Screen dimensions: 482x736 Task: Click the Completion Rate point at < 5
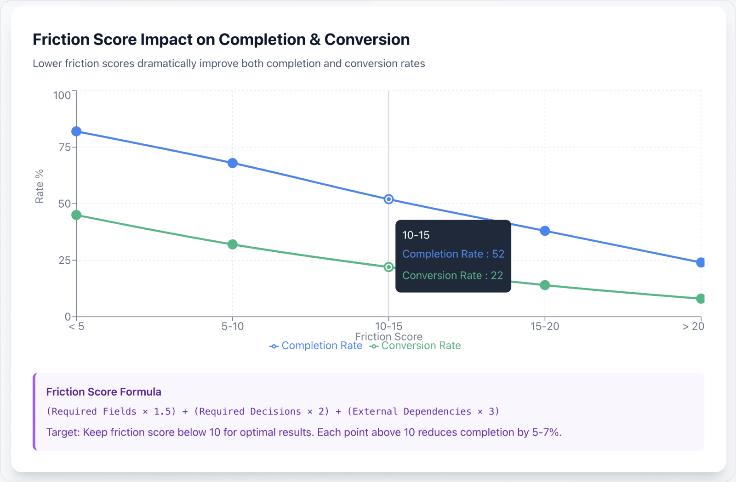(x=76, y=131)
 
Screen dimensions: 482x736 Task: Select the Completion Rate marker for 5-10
(x=233, y=163)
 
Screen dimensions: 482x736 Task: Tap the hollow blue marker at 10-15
(x=389, y=199)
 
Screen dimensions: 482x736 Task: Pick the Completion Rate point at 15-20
(x=545, y=231)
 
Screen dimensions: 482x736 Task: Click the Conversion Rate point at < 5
(x=76, y=215)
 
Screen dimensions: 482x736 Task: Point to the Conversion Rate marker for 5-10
(x=233, y=244)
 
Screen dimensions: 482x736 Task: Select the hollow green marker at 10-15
(x=389, y=267)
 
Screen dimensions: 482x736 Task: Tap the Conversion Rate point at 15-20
(x=545, y=285)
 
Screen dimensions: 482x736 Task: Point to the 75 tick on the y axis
(x=64, y=147)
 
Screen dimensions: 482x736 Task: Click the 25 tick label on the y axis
(x=64, y=261)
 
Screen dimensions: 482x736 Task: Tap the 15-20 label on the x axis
(x=545, y=327)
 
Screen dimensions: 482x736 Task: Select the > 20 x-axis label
(x=693, y=327)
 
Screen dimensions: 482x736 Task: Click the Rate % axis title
(x=40, y=186)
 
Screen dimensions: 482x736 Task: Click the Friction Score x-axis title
(x=388, y=337)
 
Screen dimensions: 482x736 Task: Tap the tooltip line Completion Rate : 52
(x=453, y=254)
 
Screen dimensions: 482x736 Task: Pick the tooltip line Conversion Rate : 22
(x=452, y=276)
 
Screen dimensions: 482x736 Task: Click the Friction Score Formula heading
(x=103, y=392)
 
